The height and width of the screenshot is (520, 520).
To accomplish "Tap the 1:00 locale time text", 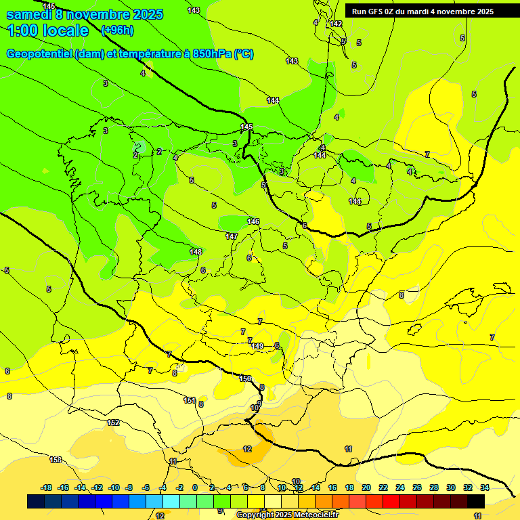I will tap(48, 30).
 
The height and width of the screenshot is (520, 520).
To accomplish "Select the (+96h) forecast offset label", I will tap(117, 30).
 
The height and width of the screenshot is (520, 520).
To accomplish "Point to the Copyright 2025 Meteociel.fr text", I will tap(287, 515).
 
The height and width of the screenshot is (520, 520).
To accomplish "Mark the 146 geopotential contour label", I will tap(253, 221).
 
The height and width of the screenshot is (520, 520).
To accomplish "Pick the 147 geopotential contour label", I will tap(232, 236).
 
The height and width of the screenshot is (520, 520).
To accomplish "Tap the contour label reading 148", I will tap(196, 252).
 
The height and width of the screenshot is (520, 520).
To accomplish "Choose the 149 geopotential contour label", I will tap(257, 346).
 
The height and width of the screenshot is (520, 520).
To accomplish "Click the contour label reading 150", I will tap(245, 378).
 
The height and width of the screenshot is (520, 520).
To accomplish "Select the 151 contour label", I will tap(190, 400).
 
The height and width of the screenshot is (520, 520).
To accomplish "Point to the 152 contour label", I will tap(114, 422).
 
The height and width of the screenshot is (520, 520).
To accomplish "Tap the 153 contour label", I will tap(56, 460).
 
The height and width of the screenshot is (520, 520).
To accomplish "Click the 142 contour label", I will tap(336, 24).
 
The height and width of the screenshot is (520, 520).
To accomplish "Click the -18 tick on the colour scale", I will tap(46, 487).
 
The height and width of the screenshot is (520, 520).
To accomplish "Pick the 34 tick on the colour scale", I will tap(485, 487).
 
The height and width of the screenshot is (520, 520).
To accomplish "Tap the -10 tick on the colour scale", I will tap(113, 487).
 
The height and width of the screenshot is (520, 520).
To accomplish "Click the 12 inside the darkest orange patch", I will tap(247, 449).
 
